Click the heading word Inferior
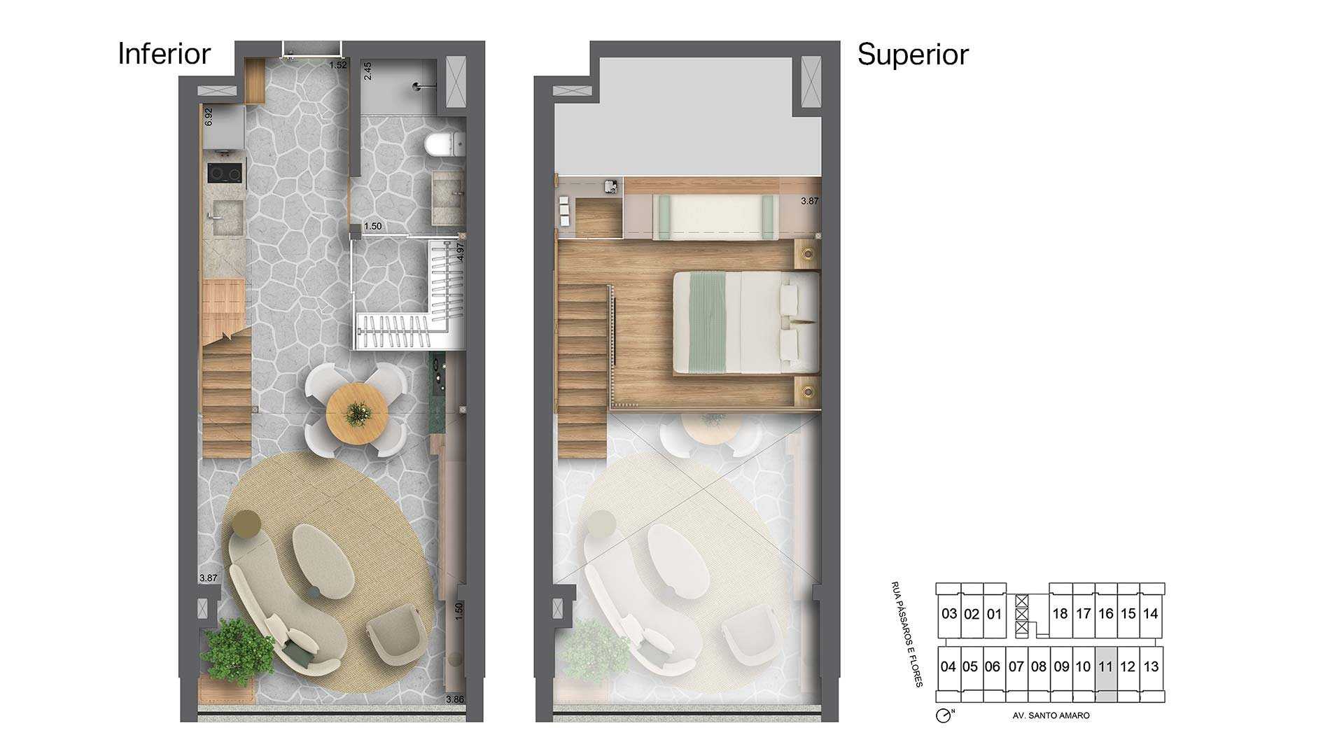[x=164, y=54]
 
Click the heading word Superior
[x=913, y=55]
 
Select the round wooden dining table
[x=357, y=414]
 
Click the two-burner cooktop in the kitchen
[x=225, y=173]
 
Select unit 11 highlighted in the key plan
[x=1105, y=667]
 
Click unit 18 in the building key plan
[x=1060, y=614]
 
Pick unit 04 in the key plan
[x=948, y=667]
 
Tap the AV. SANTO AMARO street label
[x=1051, y=715]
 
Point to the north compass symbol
[x=944, y=715]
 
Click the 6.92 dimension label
[x=208, y=117]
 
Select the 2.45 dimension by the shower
[x=367, y=71]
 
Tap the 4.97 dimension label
[x=460, y=252]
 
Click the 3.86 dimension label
[x=454, y=699]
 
